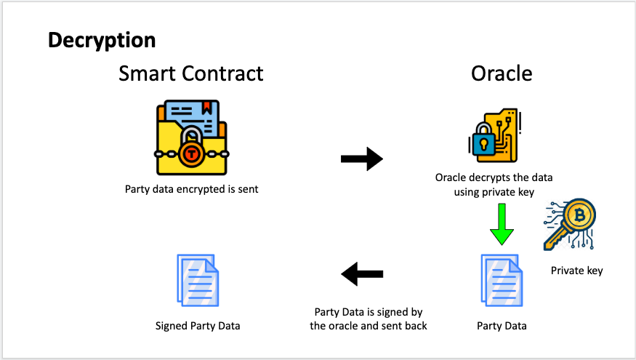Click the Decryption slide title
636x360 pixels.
102,40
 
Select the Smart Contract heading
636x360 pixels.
191,73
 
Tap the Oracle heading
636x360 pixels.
502,73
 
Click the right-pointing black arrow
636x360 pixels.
361,159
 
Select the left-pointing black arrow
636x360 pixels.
361,274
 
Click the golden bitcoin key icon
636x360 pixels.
571,225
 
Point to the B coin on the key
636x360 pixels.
580,215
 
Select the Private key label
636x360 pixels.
576,271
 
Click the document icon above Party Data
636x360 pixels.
501,279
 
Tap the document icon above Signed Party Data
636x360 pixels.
197,279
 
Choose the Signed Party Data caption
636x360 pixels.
198,325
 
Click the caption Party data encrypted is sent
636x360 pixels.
192,190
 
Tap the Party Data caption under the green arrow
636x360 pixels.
502,325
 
